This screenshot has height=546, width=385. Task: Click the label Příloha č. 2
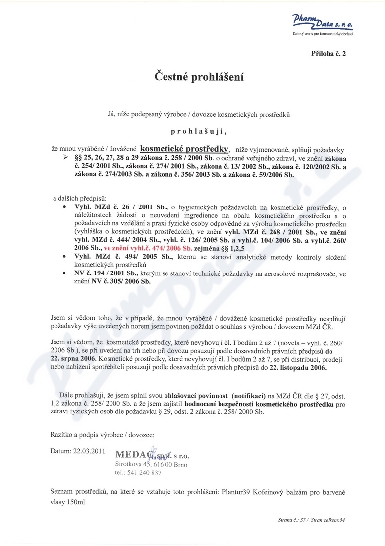tap(329, 52)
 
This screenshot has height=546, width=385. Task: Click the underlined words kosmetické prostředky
tap(184, 148)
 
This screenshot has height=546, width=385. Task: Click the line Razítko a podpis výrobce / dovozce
tap(103, 434)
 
